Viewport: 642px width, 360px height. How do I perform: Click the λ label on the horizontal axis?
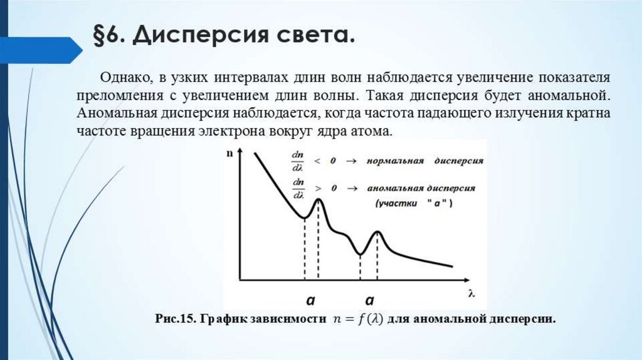(470, 292)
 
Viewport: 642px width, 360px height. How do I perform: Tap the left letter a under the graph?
(310, 299)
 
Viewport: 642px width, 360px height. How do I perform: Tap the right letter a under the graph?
(370, 299)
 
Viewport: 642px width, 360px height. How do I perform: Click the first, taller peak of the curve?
(318, 199)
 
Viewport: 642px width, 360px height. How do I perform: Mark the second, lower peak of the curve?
(377, 233)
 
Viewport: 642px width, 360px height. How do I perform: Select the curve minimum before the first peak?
(304, 218)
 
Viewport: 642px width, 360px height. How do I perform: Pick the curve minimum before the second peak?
(360, 253)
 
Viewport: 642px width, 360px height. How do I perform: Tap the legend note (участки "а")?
(414, 204)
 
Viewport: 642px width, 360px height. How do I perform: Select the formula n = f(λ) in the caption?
(355, 319)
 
